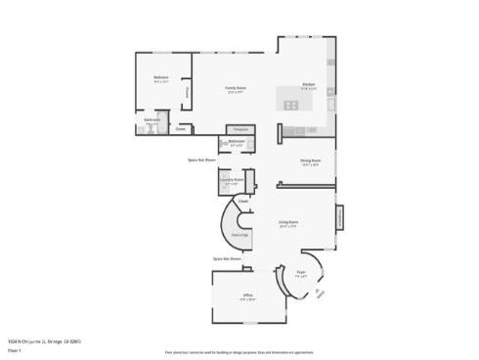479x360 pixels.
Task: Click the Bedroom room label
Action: [160, 77]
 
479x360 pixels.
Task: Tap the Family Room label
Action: [236, 88]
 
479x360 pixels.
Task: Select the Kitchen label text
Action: [308, 84]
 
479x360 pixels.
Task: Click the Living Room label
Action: [287, 223]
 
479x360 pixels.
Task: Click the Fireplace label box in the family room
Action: [239, 129]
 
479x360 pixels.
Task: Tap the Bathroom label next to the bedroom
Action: [152, 120]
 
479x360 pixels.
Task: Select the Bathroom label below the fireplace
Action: [236, 142]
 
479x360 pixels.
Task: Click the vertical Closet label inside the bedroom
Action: [186, 93]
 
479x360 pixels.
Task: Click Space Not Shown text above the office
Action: [228, 259]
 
